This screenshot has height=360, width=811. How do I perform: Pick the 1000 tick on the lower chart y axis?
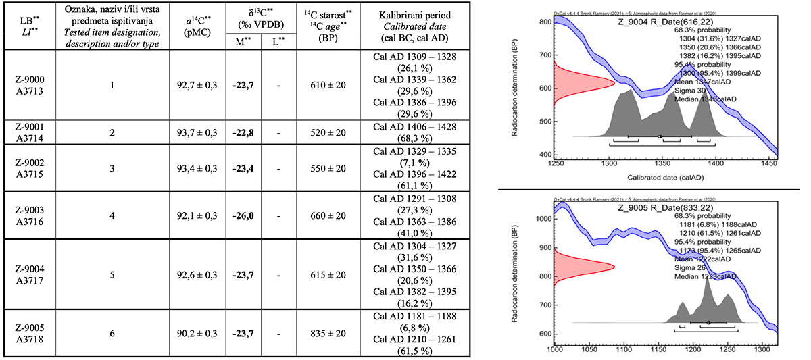point(541,220)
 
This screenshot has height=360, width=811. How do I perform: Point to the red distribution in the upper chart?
point(574,84)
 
